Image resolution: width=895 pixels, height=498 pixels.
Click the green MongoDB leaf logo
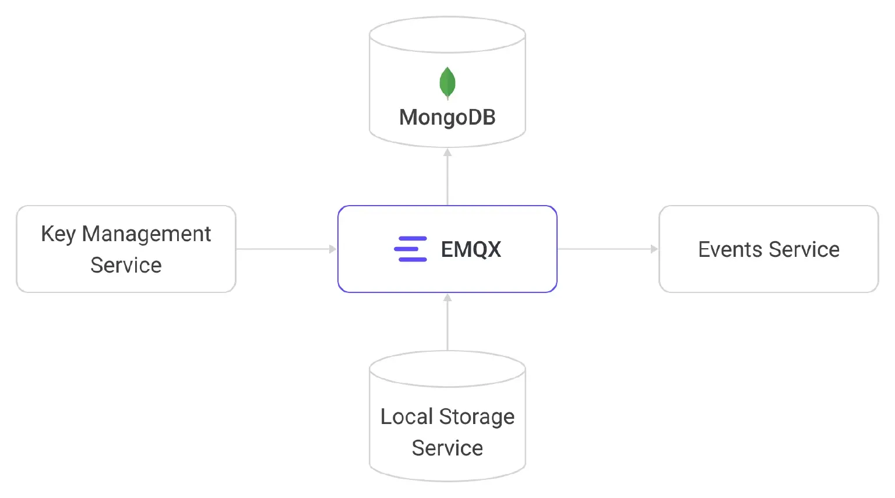pos(447,83)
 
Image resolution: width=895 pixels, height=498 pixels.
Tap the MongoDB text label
pos(447,118)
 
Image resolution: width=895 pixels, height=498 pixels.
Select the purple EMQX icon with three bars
pos(410,249)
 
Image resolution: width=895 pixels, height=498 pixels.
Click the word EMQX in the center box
pos(471,249)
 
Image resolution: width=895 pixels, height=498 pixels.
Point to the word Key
pos(58,234)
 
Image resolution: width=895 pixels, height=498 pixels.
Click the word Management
pos(146,234)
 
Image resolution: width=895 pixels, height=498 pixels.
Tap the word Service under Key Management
pos(126,265)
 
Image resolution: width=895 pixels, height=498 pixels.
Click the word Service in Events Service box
pos(804,250)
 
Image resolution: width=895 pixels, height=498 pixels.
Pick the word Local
pos(407,416)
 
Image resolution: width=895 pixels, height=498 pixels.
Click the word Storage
pos(477,417)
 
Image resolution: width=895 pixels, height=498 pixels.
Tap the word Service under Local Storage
pos(447,448)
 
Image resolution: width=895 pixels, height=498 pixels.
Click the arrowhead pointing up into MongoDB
pos(447,153)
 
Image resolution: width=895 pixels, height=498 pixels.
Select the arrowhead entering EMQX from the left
pos(333,249)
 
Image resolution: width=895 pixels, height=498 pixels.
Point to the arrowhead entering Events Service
pos(654,249)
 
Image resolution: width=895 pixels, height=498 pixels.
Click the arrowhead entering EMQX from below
pos(447,298)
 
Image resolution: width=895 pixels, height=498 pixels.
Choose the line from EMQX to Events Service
pos(607,249)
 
